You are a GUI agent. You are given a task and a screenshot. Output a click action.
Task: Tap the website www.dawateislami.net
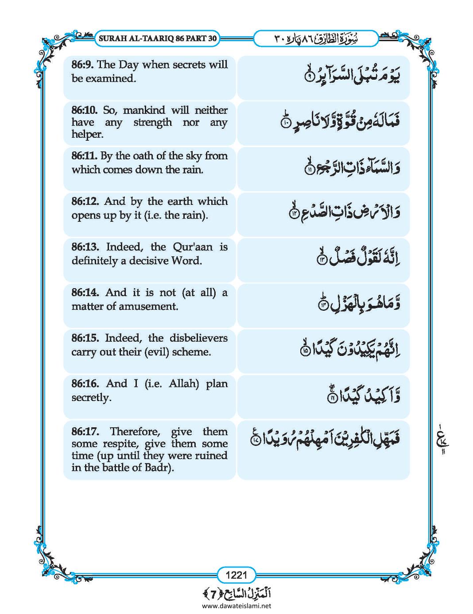tap(237, 606)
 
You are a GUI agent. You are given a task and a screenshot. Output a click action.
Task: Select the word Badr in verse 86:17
tap(159, 467)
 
